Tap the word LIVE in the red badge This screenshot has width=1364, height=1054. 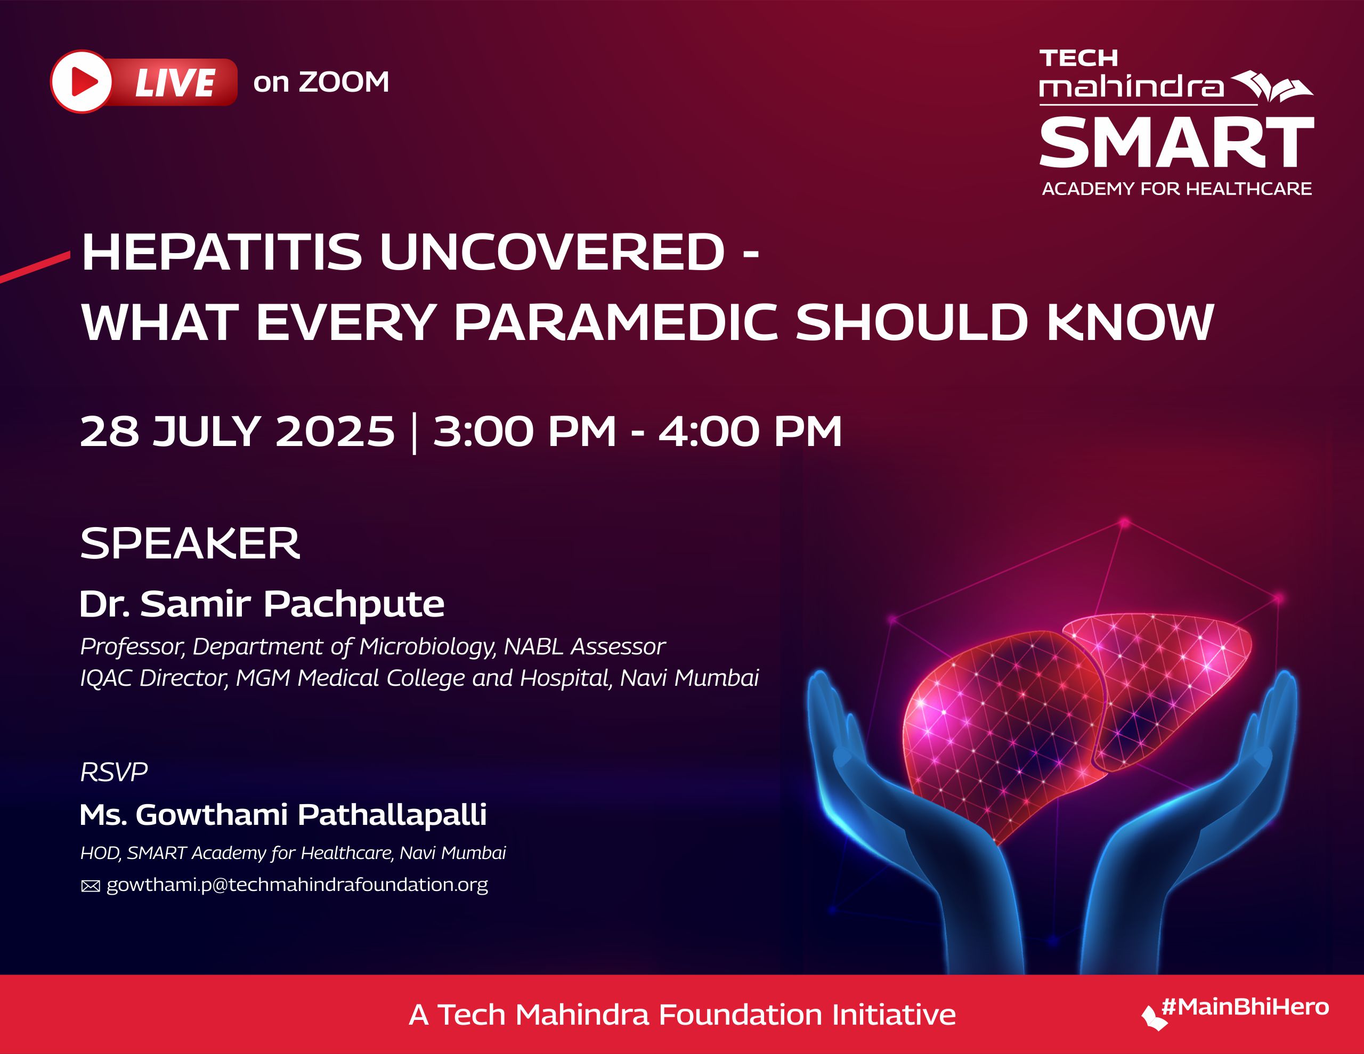pyautogui.click(x=175, y=83)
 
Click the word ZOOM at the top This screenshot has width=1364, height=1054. pyautogui.click(x=344, y=83)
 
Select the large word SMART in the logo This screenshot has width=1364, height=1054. pyautogui.click(x=1176, y=144)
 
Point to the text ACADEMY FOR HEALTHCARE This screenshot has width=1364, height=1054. pyautogui.click(x=1176, y=189)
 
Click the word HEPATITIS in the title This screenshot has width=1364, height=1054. pyautogui.click(x=222, y=253)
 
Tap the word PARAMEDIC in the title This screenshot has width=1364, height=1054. pyautogui.click(x=616, y=322)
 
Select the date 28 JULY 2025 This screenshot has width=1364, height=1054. pyautogui.click(x=237, y=432)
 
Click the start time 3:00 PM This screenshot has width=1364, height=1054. pyautogui.click(x=525, y=432)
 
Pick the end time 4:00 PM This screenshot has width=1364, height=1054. pyautogui.click(x=750, y=432)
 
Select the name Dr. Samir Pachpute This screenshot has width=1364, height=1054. pyautogui.click(x=262, y=604)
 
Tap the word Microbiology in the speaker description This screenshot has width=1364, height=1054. pyautogui.click(x=427, y=647)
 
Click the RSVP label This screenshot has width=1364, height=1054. pyautogui.click(x=113, y=773)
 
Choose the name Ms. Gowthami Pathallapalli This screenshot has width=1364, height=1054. pyautogui.click(x=283, y=815)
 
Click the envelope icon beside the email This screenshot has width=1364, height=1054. pyautogui.click(x=91, y=887)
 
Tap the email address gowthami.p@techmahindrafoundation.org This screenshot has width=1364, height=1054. pyautogui.click(x=297, y=885)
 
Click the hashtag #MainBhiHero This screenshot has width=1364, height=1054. pyautogui.click(x=1245, y=1007)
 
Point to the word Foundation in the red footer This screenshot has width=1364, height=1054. pyautogui.click(x=740, y=1015)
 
